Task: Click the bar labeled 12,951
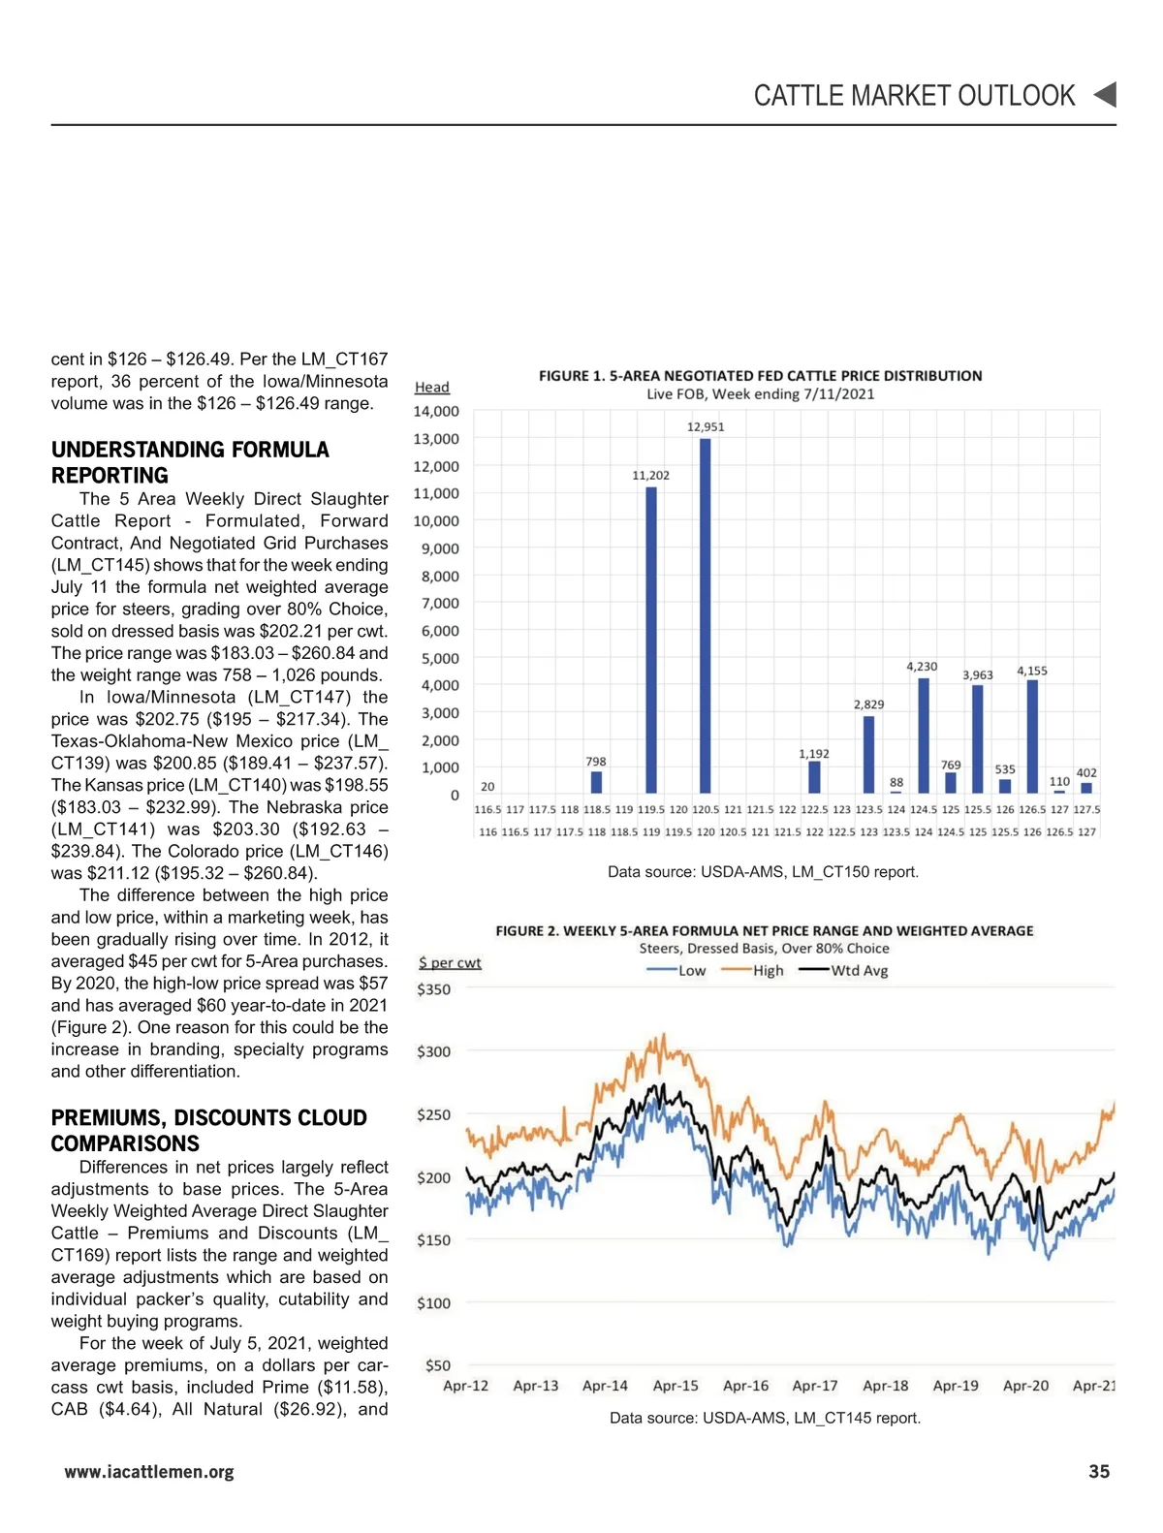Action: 705,615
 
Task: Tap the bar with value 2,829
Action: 868,754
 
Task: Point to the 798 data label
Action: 596,762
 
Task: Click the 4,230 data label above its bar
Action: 922,667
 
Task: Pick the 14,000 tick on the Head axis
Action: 436,411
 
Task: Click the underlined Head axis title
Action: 431,388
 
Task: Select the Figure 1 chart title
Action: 760,376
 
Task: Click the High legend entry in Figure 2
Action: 754,971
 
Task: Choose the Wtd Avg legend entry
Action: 845,971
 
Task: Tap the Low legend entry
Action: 677,971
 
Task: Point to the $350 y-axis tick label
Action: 433,989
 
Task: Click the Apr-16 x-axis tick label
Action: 745,1386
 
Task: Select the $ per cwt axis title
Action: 450,963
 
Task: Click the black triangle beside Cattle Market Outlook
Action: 1105,95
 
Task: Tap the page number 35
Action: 1099,1472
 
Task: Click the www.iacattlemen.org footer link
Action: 149,1472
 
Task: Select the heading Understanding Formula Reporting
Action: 190,462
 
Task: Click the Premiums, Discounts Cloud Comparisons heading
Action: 208,1130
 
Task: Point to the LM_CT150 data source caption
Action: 763,872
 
